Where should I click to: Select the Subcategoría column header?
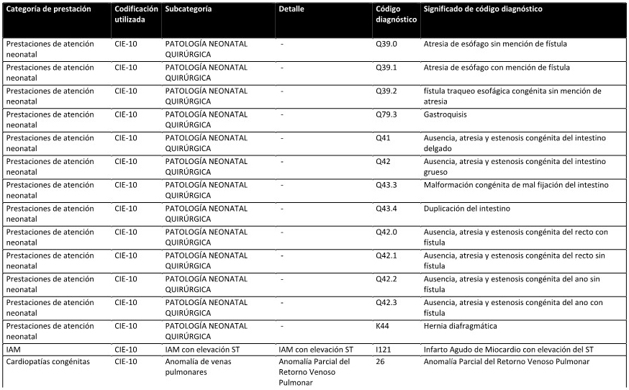click(x=189, y=9)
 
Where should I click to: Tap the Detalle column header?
click(x=291, y=9)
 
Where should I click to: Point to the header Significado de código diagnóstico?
click(x=483, y=9)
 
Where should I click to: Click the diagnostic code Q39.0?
click(x=386, y=44)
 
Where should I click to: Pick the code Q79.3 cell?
click(x=386, y=114)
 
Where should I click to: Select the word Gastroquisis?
click(x=446, y=114)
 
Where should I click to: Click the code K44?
click(x=383, y=326)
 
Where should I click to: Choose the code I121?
click(x=384, y=350)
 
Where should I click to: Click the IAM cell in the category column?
click(x=13, y=350)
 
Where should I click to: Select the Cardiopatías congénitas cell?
click(x=48, y=361)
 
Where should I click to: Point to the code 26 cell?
click(x=380, y=361)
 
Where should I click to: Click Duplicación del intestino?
click(x=467, y=209)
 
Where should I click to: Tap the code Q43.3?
click(x=386, y=185)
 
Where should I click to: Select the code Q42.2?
click(x=386, y=279)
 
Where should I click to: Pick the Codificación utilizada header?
click(x=136, y=14)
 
